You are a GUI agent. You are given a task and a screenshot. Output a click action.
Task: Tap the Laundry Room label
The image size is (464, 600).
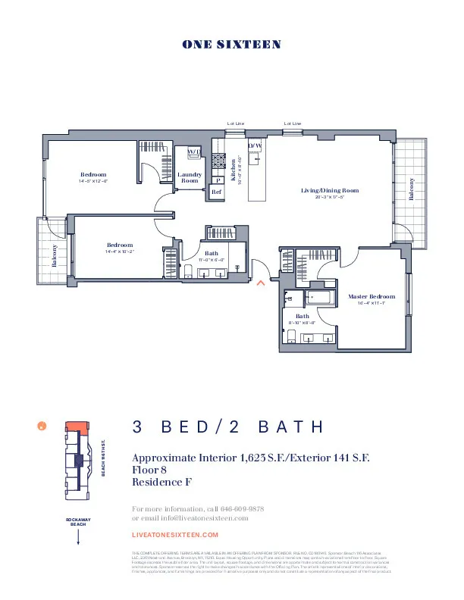click(x=190, y=178)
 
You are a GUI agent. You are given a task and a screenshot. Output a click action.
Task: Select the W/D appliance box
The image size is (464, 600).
click(x=194, y=152)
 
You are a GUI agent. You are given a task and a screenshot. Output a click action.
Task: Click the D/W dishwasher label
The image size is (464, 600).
click(x=255, y=145)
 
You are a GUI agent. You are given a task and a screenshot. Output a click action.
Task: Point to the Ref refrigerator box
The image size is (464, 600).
click(x=216, y=192)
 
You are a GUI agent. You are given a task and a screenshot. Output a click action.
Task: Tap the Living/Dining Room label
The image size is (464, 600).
click(x=330, y=191)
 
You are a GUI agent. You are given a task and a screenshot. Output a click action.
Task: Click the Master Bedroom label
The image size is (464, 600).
click(x=372, y=296)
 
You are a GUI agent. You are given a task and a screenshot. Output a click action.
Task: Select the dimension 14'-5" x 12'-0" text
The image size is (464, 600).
click(x=93, y=182)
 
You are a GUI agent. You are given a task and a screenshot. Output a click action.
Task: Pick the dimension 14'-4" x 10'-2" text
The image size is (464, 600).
click(x=120, y=252)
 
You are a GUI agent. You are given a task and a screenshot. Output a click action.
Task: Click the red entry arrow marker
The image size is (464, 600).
click(x=260, y=283)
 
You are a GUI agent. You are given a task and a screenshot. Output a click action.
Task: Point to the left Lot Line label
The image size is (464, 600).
click(x=236, y=123)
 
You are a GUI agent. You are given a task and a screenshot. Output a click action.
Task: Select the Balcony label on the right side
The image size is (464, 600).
click(x=412, y=189)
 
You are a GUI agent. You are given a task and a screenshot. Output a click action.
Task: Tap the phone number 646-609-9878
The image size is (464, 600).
click(x=238, y=508)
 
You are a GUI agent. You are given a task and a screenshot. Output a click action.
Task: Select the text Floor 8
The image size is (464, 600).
click(x=149, y=470)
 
